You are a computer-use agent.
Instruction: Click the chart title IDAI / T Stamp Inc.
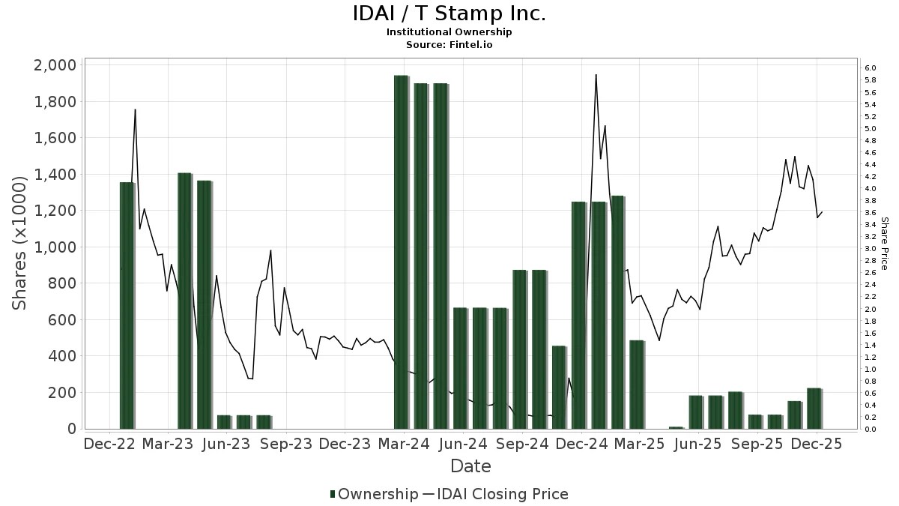click(x=449, y=14)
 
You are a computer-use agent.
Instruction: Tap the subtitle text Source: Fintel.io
click(x=449, y=44)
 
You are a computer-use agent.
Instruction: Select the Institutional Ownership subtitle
click(x=449, y=31)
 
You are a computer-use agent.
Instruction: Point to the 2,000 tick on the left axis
click(x=55, y=65)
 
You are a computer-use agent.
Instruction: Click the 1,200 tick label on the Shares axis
click(x=55, y=211)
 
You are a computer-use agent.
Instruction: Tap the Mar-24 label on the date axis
click(x=404, y=444)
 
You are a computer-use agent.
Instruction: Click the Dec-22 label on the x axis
click(x=110, y=444)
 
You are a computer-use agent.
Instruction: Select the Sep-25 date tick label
click(x=757, y=444)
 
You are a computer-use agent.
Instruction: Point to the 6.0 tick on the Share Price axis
click(x=871, y=68)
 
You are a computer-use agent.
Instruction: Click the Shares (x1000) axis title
click(x=21, y=242)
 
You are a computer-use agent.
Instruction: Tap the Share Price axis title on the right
click(x=885, y=244)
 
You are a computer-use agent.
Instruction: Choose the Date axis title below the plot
click(x=470, y=466)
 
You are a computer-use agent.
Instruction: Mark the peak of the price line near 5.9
click(x=596, y=75)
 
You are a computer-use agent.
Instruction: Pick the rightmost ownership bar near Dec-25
click(x=814, y=409)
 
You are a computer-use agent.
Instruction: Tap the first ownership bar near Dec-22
click(x=127, y=306)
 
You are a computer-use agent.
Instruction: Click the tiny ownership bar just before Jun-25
click(x=676, y=427)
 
